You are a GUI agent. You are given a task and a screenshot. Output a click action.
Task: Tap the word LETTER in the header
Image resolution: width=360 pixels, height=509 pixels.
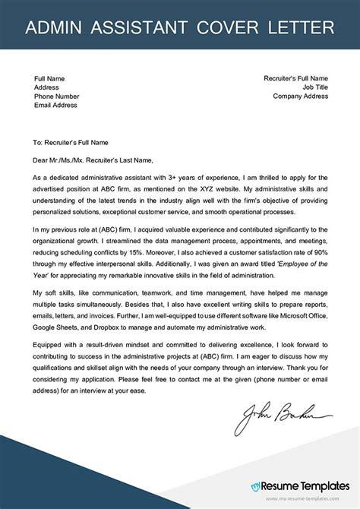tap(298, 29)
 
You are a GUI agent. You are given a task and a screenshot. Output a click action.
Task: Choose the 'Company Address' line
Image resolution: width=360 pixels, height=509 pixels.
tap(300, 96)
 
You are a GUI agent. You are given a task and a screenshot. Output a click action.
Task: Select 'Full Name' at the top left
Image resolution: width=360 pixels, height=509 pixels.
tap(50, 77)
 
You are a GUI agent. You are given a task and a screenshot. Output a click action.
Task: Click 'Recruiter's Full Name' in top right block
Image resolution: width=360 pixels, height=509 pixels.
tap(295, 77)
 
